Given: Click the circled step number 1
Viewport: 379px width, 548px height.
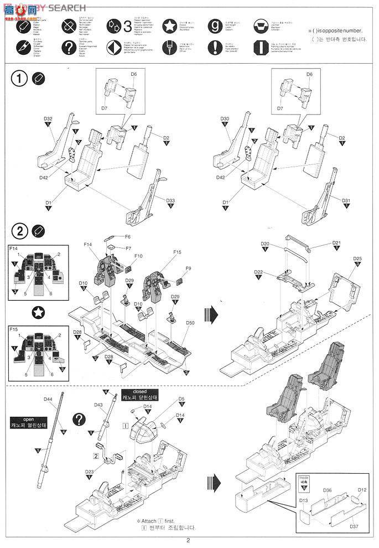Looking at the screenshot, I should click(19, 79).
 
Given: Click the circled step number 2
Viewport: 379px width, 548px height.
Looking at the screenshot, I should click(19, 230).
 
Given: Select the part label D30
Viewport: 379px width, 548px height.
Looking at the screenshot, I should click(224, 119).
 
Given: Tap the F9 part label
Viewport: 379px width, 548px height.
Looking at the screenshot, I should click(188, 268).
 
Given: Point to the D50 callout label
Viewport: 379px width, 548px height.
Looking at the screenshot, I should click(190, 322).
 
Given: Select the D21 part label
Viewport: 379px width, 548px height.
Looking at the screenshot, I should click(336, 242).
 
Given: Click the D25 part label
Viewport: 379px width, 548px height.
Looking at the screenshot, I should click(357, 259).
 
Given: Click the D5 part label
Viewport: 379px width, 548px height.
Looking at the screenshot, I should click(181, 399).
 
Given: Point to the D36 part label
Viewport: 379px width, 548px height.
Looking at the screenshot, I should click(327, 490).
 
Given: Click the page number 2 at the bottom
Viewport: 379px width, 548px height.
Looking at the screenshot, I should click(189, 541).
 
